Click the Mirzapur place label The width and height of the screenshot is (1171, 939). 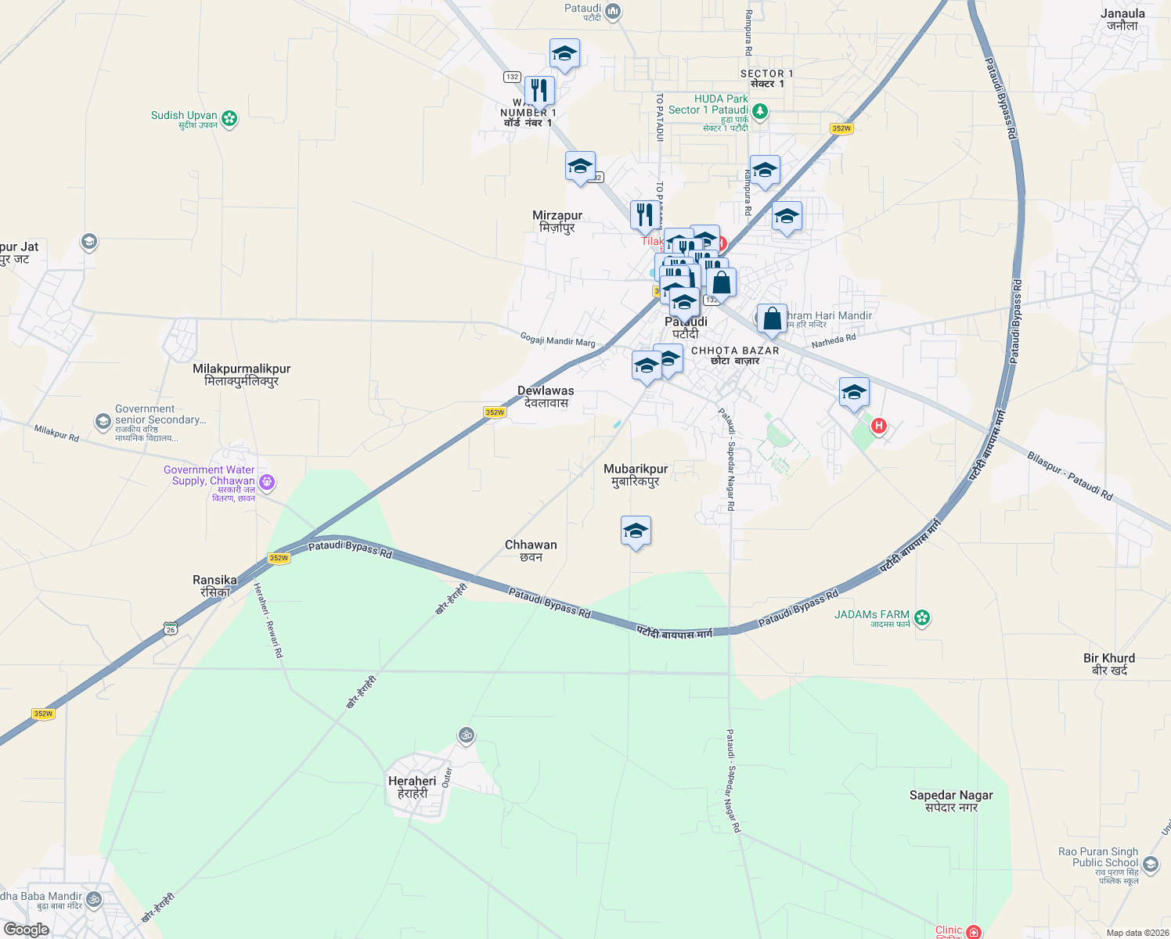(557, 221)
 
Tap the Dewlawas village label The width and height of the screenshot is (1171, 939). (546, 396)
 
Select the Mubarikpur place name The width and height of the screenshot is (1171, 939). (636, 474)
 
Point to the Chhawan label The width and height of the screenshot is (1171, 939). (531, 550)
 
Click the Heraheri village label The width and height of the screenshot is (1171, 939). (413, 786)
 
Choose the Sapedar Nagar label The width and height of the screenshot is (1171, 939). (951, 800)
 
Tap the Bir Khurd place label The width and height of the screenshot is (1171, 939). (1109, 664)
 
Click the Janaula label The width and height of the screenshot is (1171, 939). (1122, 19)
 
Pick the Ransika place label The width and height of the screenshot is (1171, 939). (214, 585)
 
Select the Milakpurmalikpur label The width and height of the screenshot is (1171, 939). (241, 374)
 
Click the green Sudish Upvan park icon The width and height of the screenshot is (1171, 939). (229, 118)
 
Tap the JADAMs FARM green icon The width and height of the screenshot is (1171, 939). (923, 618)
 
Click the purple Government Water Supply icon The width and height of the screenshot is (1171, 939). (267, 482)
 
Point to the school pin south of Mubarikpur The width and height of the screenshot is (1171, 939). (636, 531)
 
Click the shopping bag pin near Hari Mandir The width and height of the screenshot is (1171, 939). (772, 319)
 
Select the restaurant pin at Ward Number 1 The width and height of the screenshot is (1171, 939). (539, 91)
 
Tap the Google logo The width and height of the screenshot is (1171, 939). (26, 930)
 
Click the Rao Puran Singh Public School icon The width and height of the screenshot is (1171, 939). (1151, 864)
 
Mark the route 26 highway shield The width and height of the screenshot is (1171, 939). (171, 628)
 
